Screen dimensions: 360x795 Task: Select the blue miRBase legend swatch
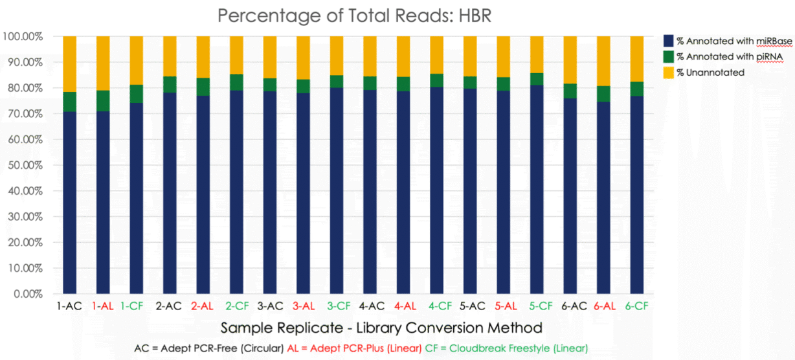point(669,41)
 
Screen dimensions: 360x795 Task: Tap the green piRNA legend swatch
point(669,56)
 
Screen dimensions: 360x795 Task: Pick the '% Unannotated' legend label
point(710,73)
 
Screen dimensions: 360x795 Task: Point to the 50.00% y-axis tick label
point(23,165)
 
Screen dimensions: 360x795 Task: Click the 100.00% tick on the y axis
point(23,36)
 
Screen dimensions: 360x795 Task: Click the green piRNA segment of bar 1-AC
point(69,102)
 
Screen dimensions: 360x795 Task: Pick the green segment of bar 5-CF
point(537,79)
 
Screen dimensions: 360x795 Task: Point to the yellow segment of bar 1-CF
point(137,60)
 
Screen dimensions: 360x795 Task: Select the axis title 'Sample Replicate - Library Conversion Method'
point(381,327)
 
